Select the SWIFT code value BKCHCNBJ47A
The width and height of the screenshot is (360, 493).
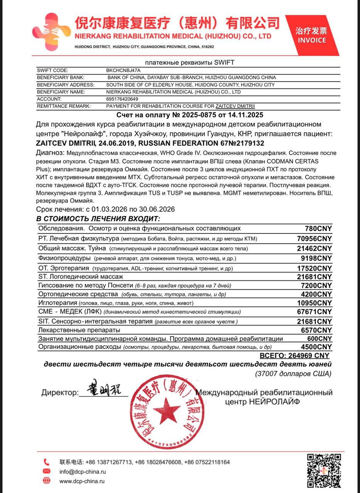point(123,70)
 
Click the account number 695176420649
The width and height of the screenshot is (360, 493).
point(122,99)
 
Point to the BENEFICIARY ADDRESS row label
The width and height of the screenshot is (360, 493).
point(66,85)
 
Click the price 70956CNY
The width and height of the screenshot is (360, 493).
point(314,239)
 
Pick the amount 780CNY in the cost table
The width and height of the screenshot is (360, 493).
point(318,228)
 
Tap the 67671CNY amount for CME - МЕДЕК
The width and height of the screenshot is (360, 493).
point(314,312)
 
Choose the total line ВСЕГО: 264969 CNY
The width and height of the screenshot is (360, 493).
point(295,355)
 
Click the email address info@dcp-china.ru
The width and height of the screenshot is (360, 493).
point(82,471)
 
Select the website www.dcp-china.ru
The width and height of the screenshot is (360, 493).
point(82,481)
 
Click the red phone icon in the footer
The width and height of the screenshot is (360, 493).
point(47,462)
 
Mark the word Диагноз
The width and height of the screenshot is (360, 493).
point(50,153)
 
